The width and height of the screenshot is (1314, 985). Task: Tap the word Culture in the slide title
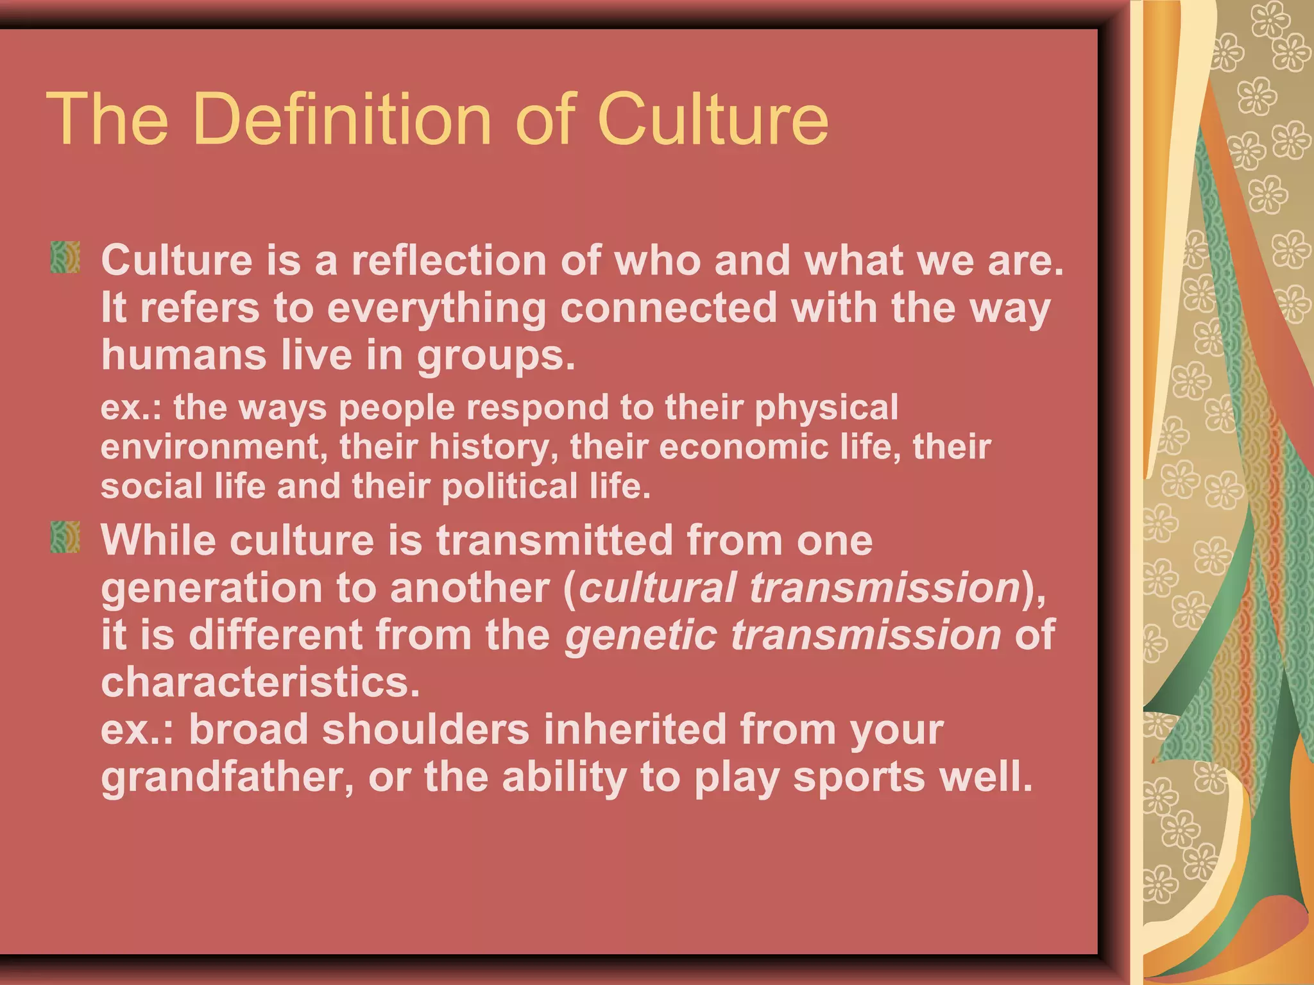click(x=712, y=120)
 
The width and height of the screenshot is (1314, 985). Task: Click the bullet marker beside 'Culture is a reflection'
click(x=65, y=258)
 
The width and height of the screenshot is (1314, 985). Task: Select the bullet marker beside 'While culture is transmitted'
click(x=65, y=537)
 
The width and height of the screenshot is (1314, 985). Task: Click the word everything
click(x=436, y=309)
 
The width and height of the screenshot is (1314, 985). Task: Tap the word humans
click(x=183, y=355)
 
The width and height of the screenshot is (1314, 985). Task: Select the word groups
click(x=495, y=357)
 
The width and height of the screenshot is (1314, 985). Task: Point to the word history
click(x=493, y=447)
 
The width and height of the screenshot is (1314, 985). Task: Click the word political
click(x=509, y=487)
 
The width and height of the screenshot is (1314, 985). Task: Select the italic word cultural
click(x=658, y=587)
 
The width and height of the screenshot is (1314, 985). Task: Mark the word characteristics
click(x=260, y=682)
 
